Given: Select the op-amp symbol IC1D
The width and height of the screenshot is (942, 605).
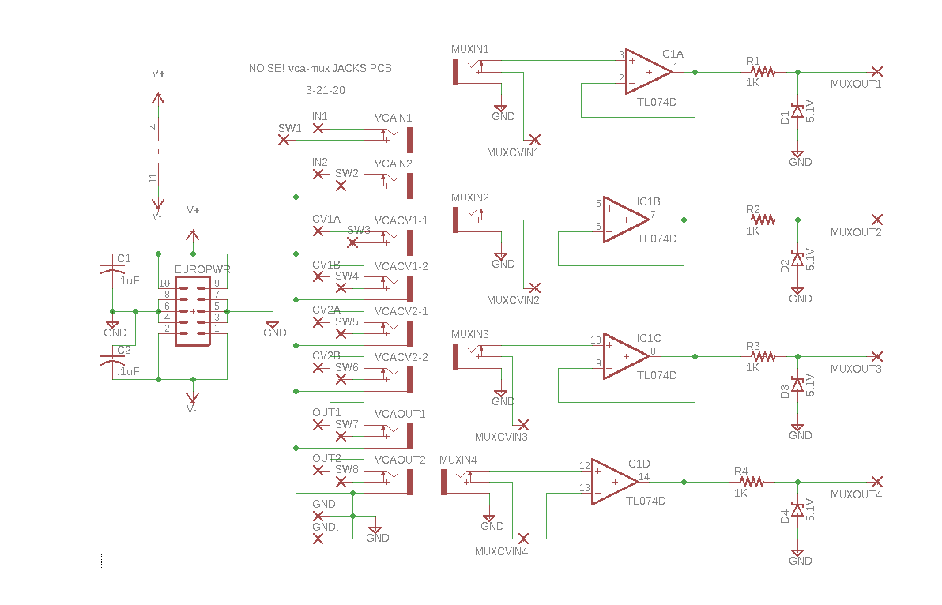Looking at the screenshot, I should tap(612, 481).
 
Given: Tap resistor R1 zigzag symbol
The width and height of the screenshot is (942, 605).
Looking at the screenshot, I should tap(763, 71).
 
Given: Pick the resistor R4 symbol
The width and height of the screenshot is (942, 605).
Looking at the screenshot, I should tap(752, 481).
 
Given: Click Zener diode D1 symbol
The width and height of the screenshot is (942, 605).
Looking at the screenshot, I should tap(797, 113).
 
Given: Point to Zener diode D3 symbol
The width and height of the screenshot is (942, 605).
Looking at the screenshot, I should tap(797, 385).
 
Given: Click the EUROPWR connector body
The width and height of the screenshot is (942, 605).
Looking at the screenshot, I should tap(193, 310).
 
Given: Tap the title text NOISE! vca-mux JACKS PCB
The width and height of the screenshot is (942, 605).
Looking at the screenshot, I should tap(320, 69).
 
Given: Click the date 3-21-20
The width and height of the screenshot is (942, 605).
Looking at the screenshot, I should tap(325, 90).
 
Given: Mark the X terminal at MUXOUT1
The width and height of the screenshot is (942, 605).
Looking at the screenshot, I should tap(876, 71).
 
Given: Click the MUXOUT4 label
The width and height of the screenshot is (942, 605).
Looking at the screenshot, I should tap(856, 494).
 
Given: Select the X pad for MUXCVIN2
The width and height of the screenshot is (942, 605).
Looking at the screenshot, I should tap(535, 287).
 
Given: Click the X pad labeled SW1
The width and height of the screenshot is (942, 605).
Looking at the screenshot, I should tap(284, 140).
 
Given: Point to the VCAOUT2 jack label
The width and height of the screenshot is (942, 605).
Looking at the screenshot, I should tap(400, 460).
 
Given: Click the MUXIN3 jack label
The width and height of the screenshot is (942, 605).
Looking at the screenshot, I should tap(470, 334).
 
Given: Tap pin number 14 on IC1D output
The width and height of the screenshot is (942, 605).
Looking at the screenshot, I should tap(644, 476).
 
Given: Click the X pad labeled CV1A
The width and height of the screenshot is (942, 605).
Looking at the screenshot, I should tap(318, 231).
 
